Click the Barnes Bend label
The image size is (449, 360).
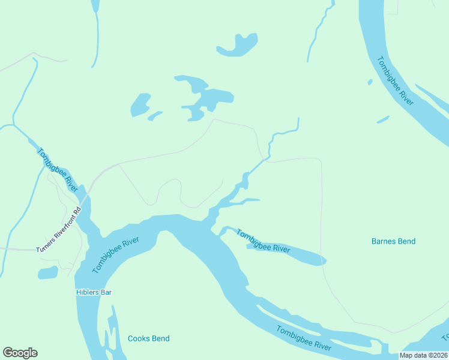click(393, 241)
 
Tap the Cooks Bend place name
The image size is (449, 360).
click(148, 338)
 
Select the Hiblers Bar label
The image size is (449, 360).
click(94, 292)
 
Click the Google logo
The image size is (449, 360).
click(20, 353)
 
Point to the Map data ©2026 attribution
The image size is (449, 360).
click(423, 355)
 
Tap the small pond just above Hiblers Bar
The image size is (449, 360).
click(47, 273)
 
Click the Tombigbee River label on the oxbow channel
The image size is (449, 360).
click(263, 241)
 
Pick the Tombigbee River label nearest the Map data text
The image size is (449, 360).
click(304, 338)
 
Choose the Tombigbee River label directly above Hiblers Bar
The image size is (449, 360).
click(116, 255)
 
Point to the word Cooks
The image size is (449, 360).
click(137, 338)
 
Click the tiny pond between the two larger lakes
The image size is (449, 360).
click(155, 115)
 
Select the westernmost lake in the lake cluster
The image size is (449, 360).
click(140, 105)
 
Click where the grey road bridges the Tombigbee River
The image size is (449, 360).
click(84, 194)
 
